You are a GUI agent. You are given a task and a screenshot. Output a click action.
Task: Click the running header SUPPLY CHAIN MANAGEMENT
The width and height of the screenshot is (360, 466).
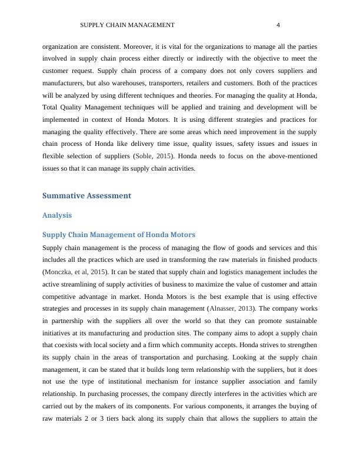coord(127,25)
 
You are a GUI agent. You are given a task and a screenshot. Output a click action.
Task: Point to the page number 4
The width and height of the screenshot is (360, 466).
coord(278,25)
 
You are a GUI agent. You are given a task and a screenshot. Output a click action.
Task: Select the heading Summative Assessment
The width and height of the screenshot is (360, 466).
coord(86,195)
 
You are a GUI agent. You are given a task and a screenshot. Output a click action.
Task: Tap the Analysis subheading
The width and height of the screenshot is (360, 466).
coord(57,215)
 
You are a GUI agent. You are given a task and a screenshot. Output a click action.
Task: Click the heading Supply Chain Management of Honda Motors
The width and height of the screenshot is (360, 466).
coord(119,234)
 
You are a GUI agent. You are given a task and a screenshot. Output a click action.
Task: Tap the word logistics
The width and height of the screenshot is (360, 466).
coord(238,272)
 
